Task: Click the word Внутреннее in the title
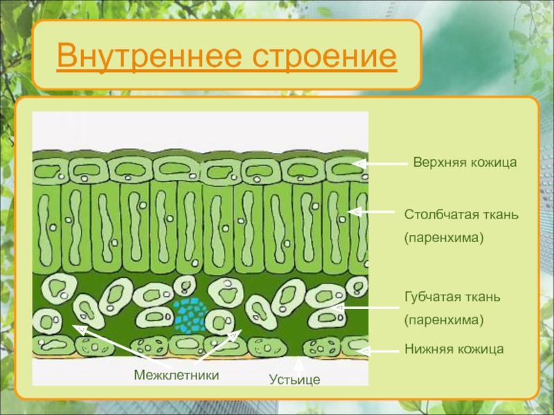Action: (x=149, y=56)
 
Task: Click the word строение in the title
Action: (x=324, y=56)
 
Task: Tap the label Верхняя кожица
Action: (x=465, y=163)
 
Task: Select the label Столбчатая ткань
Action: (x=461, y=214)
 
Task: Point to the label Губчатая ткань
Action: (x=452, y=297)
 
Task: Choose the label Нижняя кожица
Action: (x=454, y=349)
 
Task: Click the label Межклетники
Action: (x=177, y=375)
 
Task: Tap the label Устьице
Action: (x=295, y=380)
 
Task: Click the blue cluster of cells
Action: (x=190, y=315)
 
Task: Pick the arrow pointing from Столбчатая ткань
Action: (x=371, y=212)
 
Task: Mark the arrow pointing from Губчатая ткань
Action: (x=366, y=308)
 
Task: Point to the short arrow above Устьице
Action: (x=299, y=366)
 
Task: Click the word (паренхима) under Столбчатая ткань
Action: (x=444, y=237)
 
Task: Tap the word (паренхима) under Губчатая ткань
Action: (x=444, y=320)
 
